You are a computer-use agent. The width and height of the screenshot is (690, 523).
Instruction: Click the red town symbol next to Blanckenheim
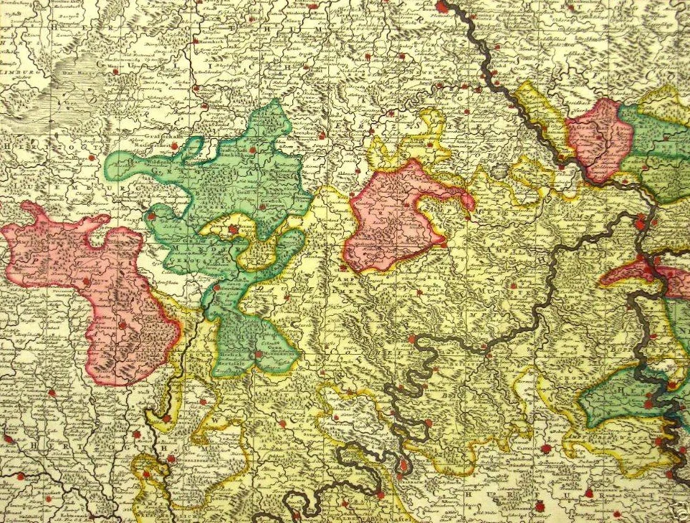(x=253, y=150)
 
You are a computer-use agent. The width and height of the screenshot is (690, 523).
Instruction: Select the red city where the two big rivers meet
(x=639, y=224)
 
